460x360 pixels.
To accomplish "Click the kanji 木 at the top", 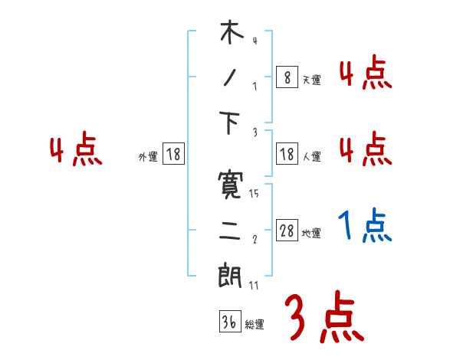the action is [x=230, y=34].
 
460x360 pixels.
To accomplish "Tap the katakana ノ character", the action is [x=230, y=78].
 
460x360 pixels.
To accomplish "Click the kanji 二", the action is [x=230, y=230].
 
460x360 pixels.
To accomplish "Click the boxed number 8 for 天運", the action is [x=287, y=77].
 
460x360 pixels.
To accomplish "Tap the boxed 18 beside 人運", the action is [x=287, y=155].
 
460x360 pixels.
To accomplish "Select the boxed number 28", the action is [x=287, y=231].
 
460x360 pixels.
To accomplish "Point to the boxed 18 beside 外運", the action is [x=174, y=155].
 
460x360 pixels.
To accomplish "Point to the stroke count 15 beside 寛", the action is [x=254, y=194].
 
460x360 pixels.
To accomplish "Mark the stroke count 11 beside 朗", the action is [x=254, y=286].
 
